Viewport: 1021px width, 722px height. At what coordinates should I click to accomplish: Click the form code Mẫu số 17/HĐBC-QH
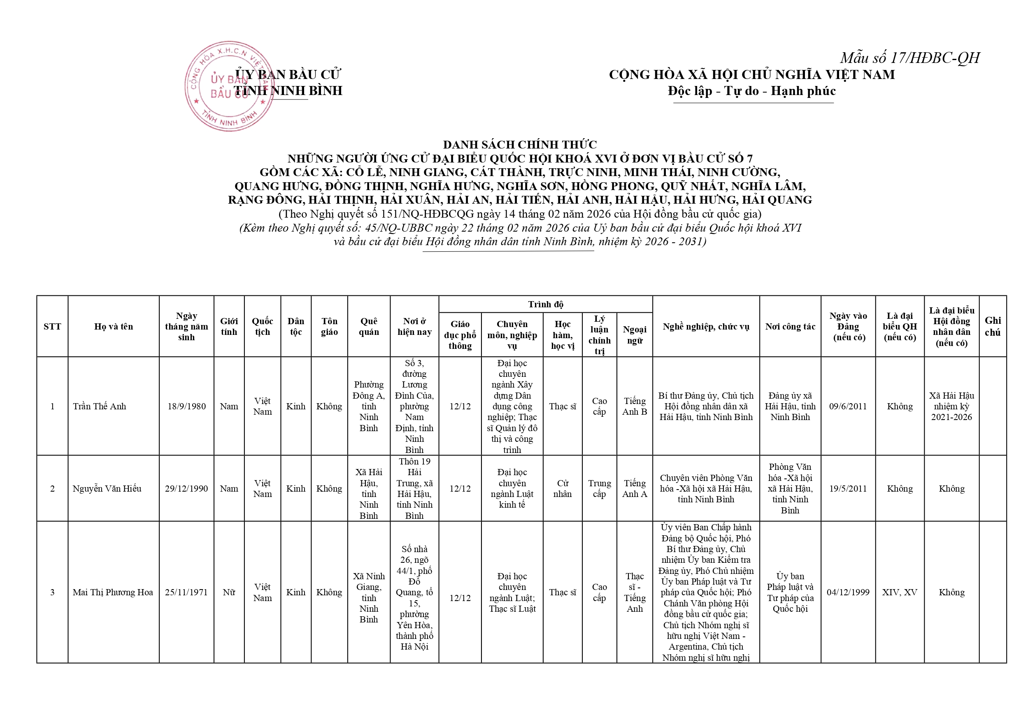tap(909, 58)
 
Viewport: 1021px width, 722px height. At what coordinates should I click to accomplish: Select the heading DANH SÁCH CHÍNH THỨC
tap(519, 144)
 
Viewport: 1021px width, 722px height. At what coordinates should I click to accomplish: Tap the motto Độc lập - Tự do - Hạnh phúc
tap(751, 91)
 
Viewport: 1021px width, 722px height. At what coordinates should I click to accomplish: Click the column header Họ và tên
tap(114, 326)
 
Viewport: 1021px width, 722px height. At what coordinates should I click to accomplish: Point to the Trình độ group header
tap(545, 304)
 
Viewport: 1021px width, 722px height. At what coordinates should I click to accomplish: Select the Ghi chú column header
tap(993, 326)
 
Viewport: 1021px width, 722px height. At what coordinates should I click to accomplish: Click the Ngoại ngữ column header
tap(635, 335)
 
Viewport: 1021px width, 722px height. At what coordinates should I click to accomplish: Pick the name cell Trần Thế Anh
tap(100, 406)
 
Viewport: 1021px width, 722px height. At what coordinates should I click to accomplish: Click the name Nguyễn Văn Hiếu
tap(107, 489)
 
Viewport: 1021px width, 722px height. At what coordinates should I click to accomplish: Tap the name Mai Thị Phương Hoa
tap(112, 592)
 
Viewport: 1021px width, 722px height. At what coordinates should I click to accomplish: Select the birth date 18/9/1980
tap(186, 406)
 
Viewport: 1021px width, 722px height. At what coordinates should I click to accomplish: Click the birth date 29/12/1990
tap(186, 489)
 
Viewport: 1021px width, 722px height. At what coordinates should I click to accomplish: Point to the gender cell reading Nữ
tap(229, 592)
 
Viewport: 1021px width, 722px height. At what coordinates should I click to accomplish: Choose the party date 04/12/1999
tap(848, 592)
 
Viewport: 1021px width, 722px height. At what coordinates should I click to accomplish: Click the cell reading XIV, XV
tap(900, 592)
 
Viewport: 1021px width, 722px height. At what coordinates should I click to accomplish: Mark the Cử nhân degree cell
tap(563, 489)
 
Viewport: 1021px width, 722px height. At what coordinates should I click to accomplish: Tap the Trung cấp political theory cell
tap(600, 489)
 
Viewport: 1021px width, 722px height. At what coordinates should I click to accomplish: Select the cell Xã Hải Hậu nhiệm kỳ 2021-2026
tap(951, 406)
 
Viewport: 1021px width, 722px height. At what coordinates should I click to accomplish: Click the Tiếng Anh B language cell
tap(635, 406)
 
